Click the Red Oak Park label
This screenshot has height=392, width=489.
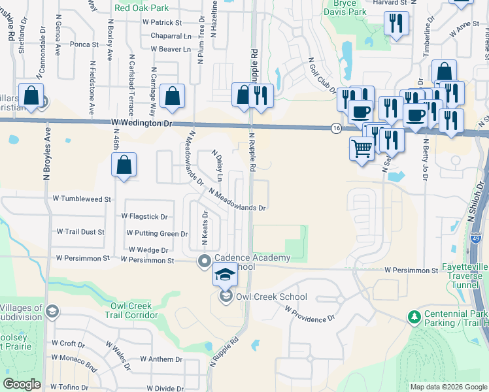(x=141, y=8)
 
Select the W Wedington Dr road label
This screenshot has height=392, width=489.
(x=141, y=123)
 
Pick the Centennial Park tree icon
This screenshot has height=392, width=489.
(x=413, y=318)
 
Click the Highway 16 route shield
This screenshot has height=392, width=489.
(x=335, y=128)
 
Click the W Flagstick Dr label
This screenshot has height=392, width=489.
(x=144, y=216)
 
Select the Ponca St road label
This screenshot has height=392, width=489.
(x=84, y=45)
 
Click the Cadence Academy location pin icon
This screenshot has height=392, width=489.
(x=204, y=261)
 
